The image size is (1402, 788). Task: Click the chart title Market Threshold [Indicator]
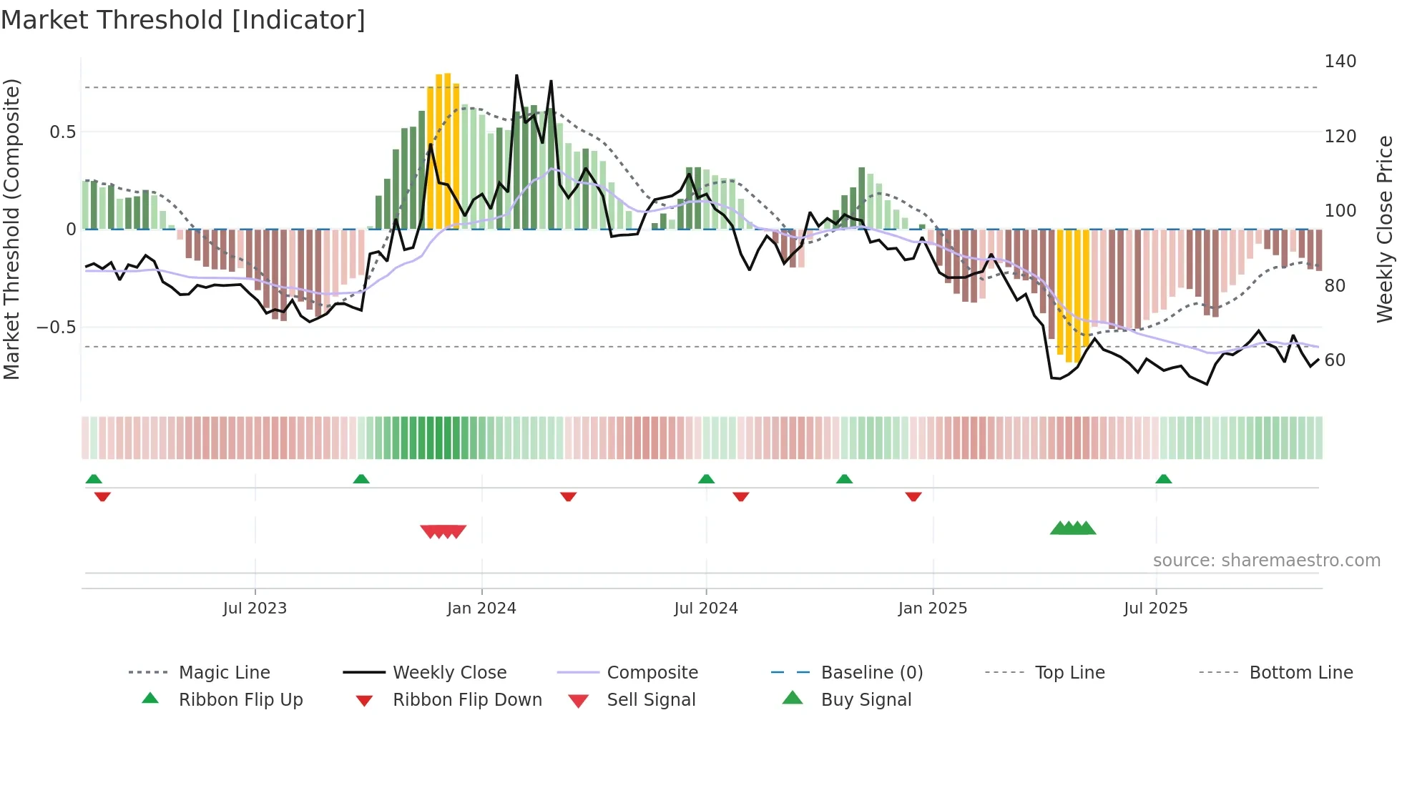[x=183, y=20]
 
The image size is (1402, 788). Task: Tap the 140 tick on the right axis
[x=1340, y=61]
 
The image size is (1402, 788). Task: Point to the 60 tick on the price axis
[x=1335, y=360]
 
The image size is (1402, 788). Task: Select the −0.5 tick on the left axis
[x=57, y=327]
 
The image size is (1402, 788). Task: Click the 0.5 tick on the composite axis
[x=62, y=132]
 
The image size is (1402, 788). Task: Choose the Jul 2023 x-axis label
[x=255, y=609]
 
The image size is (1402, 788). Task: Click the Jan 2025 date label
[x=932, y=609]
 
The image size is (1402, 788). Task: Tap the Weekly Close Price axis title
[x=1385, y=229]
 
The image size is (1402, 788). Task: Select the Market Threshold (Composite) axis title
[x=11, y=229]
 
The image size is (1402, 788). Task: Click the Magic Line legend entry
[x=224, y=673]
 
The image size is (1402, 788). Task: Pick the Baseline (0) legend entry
[x=871, y=673]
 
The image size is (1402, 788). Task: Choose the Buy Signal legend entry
[x=866, y=700]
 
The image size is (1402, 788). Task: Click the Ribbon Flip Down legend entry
[x=466, y=700]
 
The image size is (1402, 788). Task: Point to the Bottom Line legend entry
[x=1300, y=673]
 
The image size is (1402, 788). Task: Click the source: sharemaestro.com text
[x=1266, y=561]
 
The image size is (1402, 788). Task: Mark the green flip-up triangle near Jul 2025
[x=1163, y=479]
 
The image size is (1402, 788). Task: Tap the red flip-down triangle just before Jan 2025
[x=913, y=496]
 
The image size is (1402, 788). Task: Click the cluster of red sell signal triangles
[x=443, y=531]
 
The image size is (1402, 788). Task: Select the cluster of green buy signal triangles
[x=1072, y=528]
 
